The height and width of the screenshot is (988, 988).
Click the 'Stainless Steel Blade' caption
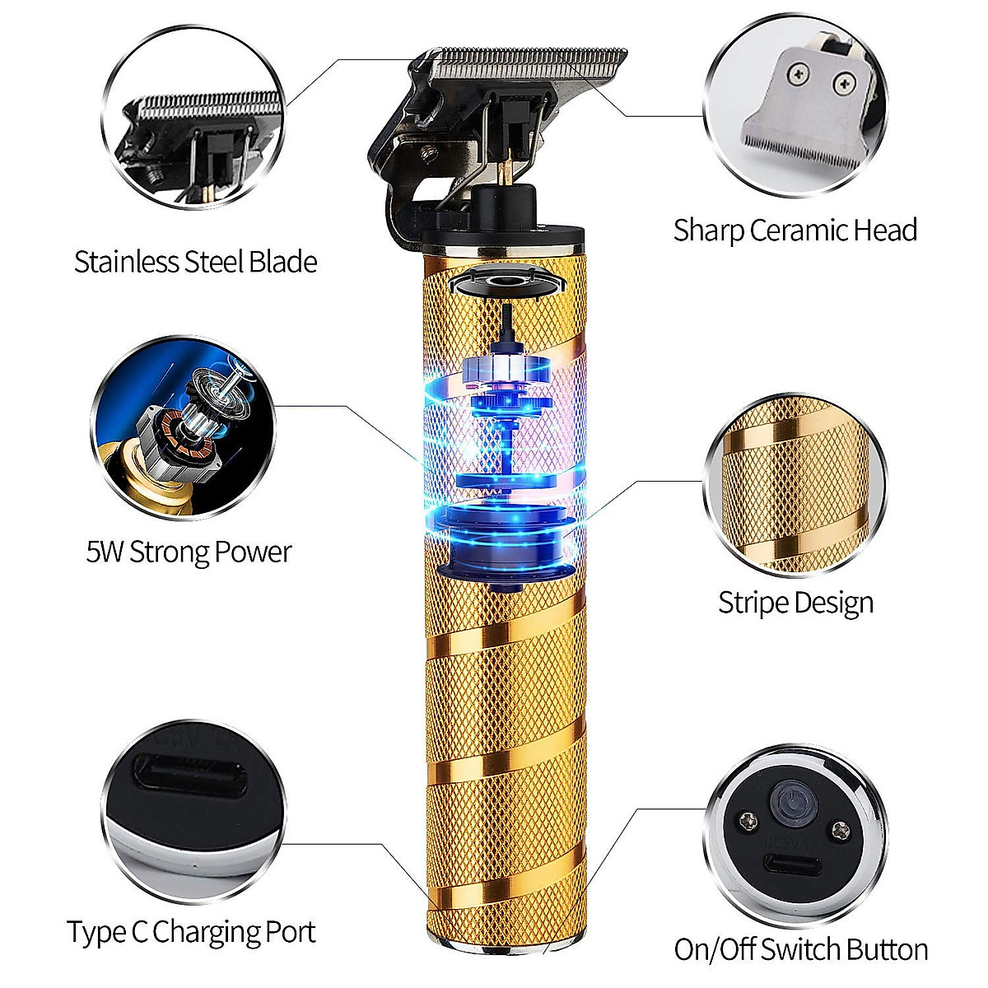coord(195,262)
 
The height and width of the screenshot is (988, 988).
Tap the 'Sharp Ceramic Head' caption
coord(795,231)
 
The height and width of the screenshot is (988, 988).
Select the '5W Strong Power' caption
coord(189,551)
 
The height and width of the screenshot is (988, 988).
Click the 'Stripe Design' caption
coord(795,603)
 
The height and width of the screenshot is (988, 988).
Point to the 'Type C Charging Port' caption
coord(191,932)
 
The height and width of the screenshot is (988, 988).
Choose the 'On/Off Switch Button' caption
coord(800,949)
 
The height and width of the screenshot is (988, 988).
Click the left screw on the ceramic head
coord(798,76)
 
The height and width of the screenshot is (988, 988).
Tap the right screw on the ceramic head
coord(843,82)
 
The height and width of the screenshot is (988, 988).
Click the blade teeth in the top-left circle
coord(198,107)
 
